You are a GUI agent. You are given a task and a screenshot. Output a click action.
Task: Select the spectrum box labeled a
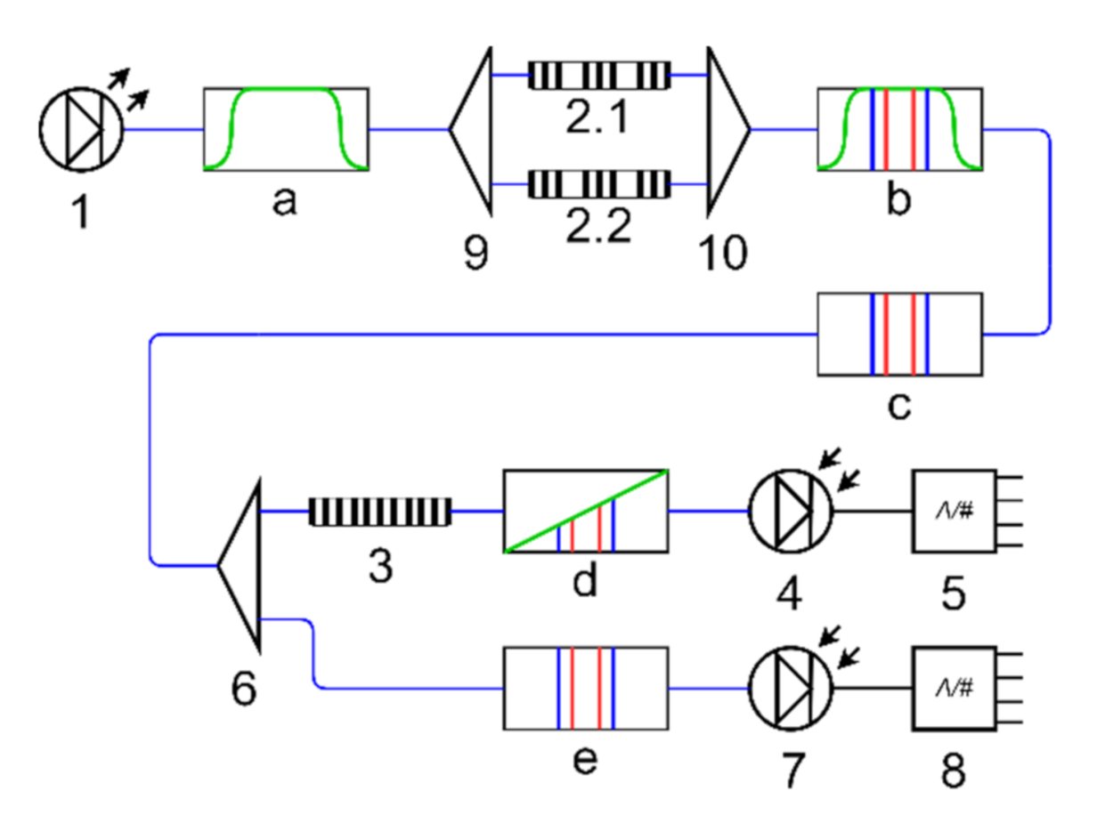pos(287,129)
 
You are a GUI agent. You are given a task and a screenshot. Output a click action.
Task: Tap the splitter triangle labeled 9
pos(472,130)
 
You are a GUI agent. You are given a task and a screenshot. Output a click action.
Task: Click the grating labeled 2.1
pos(599,76)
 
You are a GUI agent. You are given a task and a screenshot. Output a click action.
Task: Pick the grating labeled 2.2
pos(599,184)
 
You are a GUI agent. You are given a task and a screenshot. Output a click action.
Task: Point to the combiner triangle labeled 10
pos(726,130)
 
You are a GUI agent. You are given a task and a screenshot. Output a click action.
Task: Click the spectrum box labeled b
pos(899,129)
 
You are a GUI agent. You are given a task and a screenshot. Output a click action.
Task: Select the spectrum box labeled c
pos(899,334)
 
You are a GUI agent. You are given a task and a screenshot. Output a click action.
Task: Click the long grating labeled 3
pos(381,512)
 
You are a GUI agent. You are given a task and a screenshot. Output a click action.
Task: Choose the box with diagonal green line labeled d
pos(586,512)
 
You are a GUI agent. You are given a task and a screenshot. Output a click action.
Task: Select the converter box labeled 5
pos(952,511)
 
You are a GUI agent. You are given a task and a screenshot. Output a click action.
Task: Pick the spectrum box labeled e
pos(586,688)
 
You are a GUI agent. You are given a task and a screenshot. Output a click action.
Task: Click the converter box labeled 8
pos(952,688)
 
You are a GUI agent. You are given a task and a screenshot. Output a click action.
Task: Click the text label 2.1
pos(599,118)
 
